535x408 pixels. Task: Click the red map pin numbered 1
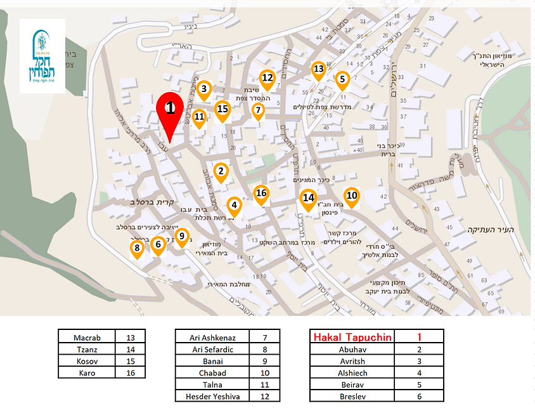pyautogui.click(x=170, y=109)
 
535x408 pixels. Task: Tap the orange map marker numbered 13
pyautogui.click(x=318, y=69)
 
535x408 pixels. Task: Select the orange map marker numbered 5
pyautogui.click(x=342, y=80)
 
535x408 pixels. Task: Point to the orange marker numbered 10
pyautogui.click(x=352, y=196)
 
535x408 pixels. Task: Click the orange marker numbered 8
pyautogui.click(x=136, y=248)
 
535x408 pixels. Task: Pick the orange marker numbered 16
pyautogui.click(x=261, y=194)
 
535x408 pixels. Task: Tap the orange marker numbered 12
pyautogui.click(x=267, y=78)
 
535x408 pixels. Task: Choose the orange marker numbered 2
pyautogui.click(x=221, y=171)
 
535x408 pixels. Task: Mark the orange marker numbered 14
pyautogui.click(x=308, y=198)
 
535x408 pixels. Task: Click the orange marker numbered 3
pyautogui.click(x=203, y=89)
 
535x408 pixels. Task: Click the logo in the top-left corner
pyautogui.click(x=42, y=56)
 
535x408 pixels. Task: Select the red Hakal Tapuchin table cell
pyautogui.click(x=352, y=337)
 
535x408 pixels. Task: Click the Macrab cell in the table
pyautogui.click(x=87, y=337)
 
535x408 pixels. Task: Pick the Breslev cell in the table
pyautogui.click(x=352, y=397)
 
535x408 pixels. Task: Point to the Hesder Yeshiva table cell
pyautogui.click(x=212, y=397)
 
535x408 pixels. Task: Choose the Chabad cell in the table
pyautogui.click(x=212, y=372)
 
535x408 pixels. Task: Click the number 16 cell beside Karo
pyautogui.click(x=133, y=373)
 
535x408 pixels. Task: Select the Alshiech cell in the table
pyautogui.click(x=352, y=372)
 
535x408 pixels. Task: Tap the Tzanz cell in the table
pyautogui.click(x=87, y=349)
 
